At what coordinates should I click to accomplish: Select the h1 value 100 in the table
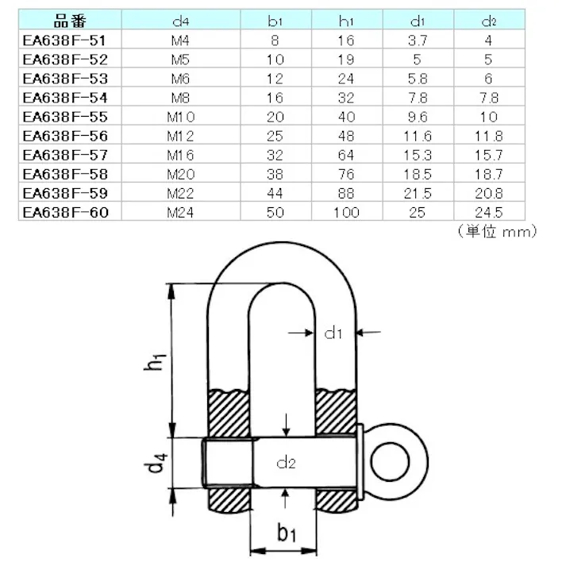(x=346, y=212)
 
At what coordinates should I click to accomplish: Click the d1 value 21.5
(x=417, y=193)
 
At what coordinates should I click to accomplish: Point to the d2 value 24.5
(x=487, y=212)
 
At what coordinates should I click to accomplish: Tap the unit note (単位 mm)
(x=497, y=231)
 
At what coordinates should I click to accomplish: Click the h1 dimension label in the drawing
(x=157, y=362)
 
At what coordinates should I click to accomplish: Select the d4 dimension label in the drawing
(x=157, y=462)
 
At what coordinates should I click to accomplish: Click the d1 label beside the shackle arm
(x=333, y=333)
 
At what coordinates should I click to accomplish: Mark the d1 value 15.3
(x=417, y=154)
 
